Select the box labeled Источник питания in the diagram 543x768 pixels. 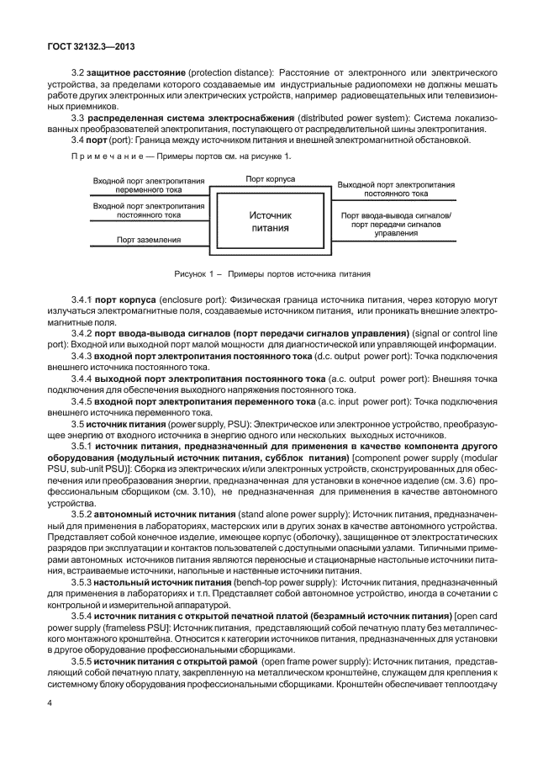click(x=270, y=221)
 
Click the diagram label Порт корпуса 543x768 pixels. click(x=270, y=178)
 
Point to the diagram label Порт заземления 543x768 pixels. click(x=148, y=240)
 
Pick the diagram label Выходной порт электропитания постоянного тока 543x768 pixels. click(x=396, y=188)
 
